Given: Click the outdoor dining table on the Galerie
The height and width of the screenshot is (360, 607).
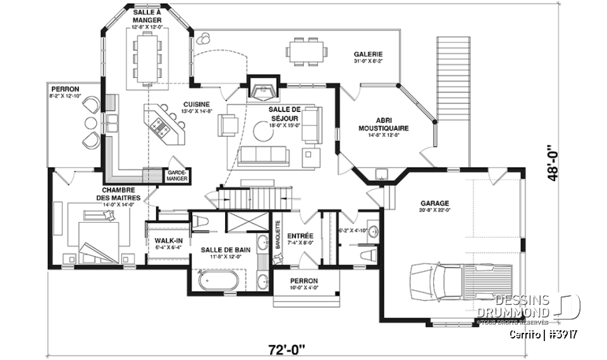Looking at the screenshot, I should click(x=306, y=49).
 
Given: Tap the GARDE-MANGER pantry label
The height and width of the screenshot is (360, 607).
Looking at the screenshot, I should click(x=175, y=175).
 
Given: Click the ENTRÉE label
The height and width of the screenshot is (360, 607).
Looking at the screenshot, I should click(x=300, y=235).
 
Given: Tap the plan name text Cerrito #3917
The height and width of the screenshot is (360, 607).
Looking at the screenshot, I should click(x=544, y=333).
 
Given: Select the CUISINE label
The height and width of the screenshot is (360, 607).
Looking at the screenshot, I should click(x=196, y=104).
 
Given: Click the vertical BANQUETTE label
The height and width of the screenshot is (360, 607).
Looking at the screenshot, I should click(x=277, y=235).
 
